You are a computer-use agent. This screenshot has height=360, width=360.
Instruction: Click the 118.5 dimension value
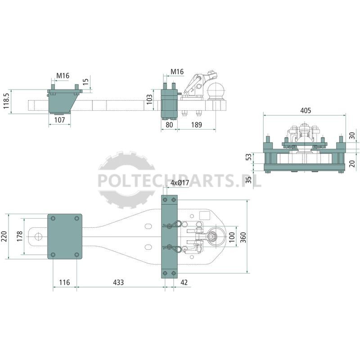pyautogui.click(x=6, y=101)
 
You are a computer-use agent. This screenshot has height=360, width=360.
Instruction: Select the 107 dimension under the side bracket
pyautogui.click(x=60, y=120)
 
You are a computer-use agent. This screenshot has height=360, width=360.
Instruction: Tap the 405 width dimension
pyautogui.click(x=306, y=110)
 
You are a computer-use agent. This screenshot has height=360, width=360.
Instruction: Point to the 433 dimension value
pyautogui.click(x=118, y=282)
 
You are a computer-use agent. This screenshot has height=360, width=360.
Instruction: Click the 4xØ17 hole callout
pyautogui.click(x=180, y=183)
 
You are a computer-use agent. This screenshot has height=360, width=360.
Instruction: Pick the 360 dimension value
pyautogui.click(x=243, y=237)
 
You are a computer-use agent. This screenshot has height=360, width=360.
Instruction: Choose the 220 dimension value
pyautogui.click(x=4, y=237)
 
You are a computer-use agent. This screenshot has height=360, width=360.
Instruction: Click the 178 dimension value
pyautogui.click(x=20, y=236)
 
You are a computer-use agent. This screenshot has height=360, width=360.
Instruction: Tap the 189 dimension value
pyautogui.click(x=197, y=125)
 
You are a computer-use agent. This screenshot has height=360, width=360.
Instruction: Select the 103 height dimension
pyautogui.click(x=149, y=99)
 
